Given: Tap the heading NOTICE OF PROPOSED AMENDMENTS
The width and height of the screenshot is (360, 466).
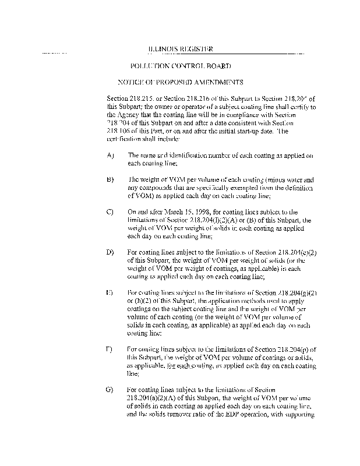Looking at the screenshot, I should point(181,83).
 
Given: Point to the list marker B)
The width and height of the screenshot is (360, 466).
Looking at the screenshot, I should point(111,181).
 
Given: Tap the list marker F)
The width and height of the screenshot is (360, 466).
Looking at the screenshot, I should point(111,349).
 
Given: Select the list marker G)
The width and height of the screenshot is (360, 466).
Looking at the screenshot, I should point(111,389).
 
